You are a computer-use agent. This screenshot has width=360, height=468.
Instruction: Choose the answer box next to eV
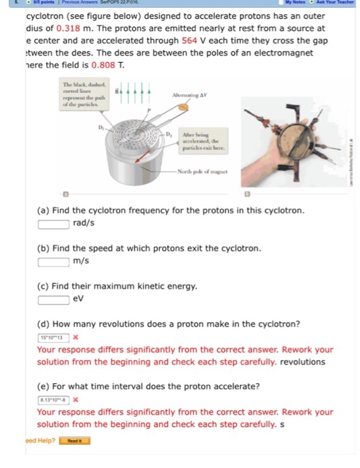coord(53,299)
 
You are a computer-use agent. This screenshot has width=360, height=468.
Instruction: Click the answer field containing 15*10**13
coord(53,337)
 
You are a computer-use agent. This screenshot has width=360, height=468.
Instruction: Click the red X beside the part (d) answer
coord(76,337)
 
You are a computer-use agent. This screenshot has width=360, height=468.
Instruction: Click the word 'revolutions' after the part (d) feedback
coord(302,362)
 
